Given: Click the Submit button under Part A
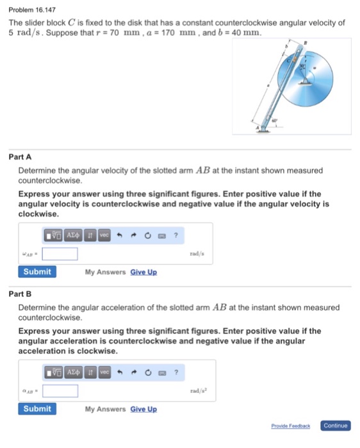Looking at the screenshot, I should pyautogui.click(x=37, y=271).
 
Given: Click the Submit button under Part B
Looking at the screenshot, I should pyautogui.click(x=37, y=408).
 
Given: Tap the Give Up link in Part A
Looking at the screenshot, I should pyautogui.click(x=143, y=272).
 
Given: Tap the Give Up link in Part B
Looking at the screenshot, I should pyautogui.click(x=143, y=409).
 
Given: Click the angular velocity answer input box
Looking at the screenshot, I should pyautogui.click(x=60, y=254).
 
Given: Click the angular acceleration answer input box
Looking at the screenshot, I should pyautogui.click(x=60, y=390).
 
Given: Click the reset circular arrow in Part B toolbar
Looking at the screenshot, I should pyautogui.click(x=148, y=372).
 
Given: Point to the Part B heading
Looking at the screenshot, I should pyautogui.click(x=20, y=294).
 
